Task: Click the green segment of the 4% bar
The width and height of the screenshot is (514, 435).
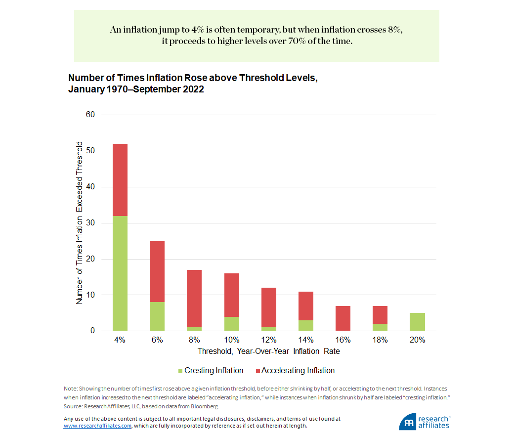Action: tap(120, 273)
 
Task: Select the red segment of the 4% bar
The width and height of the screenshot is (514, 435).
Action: tap(120, 180)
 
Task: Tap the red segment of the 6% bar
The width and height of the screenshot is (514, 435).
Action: tap(157, 271)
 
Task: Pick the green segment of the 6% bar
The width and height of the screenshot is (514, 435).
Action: tap(157, 316)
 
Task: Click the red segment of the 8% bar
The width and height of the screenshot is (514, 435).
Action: tap(194, 299)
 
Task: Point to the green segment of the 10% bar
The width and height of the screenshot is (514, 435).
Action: tap(231, 324)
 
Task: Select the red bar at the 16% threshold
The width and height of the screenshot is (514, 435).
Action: tap(343, 318)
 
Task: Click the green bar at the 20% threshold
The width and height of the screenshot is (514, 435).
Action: tap(417, 322)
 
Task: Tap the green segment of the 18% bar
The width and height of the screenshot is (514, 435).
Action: tap(380, 327)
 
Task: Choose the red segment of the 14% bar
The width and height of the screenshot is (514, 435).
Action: tap(306, 306)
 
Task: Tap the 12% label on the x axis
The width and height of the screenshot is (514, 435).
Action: tap(269, 340)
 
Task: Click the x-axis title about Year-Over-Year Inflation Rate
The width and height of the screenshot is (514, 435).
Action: tap(269, 352)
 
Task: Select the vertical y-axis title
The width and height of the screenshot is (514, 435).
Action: tap(80, 222)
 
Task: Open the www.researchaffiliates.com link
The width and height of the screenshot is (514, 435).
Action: tap(97, 425)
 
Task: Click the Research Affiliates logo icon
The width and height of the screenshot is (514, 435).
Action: tap(408, 422)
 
